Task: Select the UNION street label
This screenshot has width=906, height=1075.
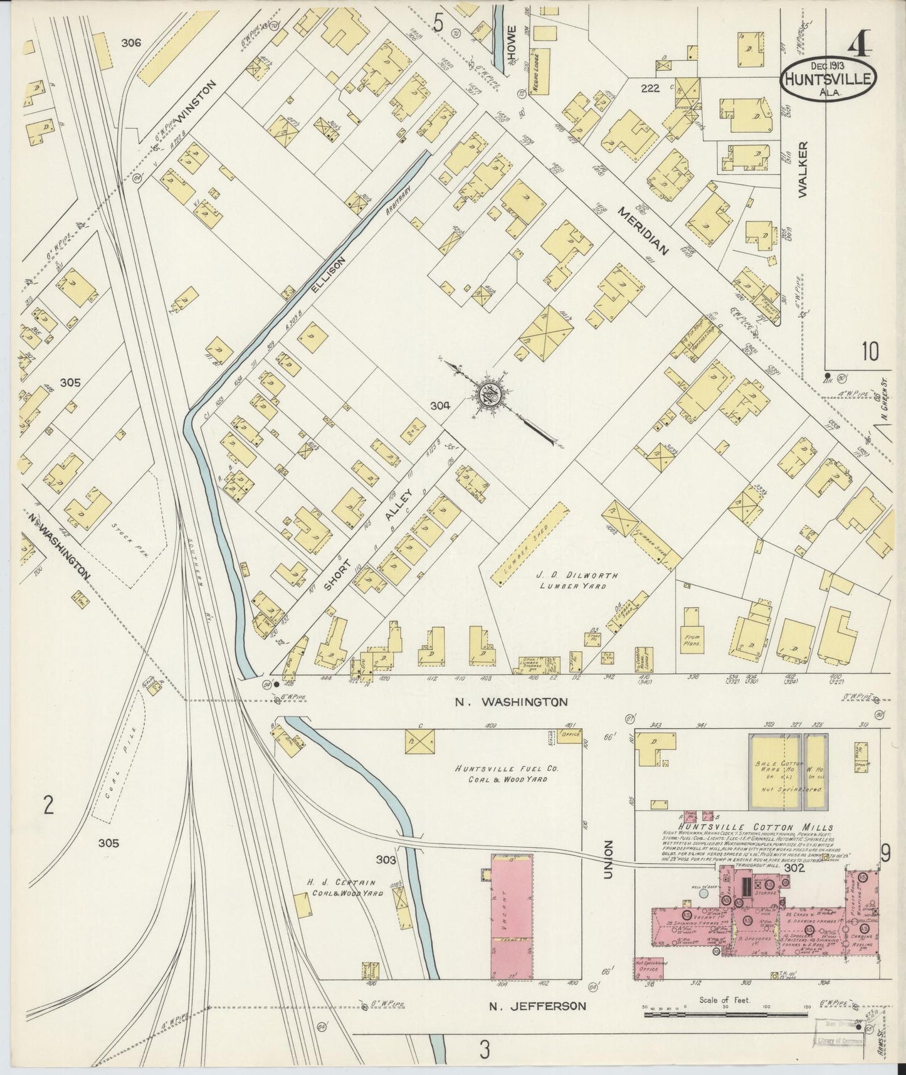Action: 607,859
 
